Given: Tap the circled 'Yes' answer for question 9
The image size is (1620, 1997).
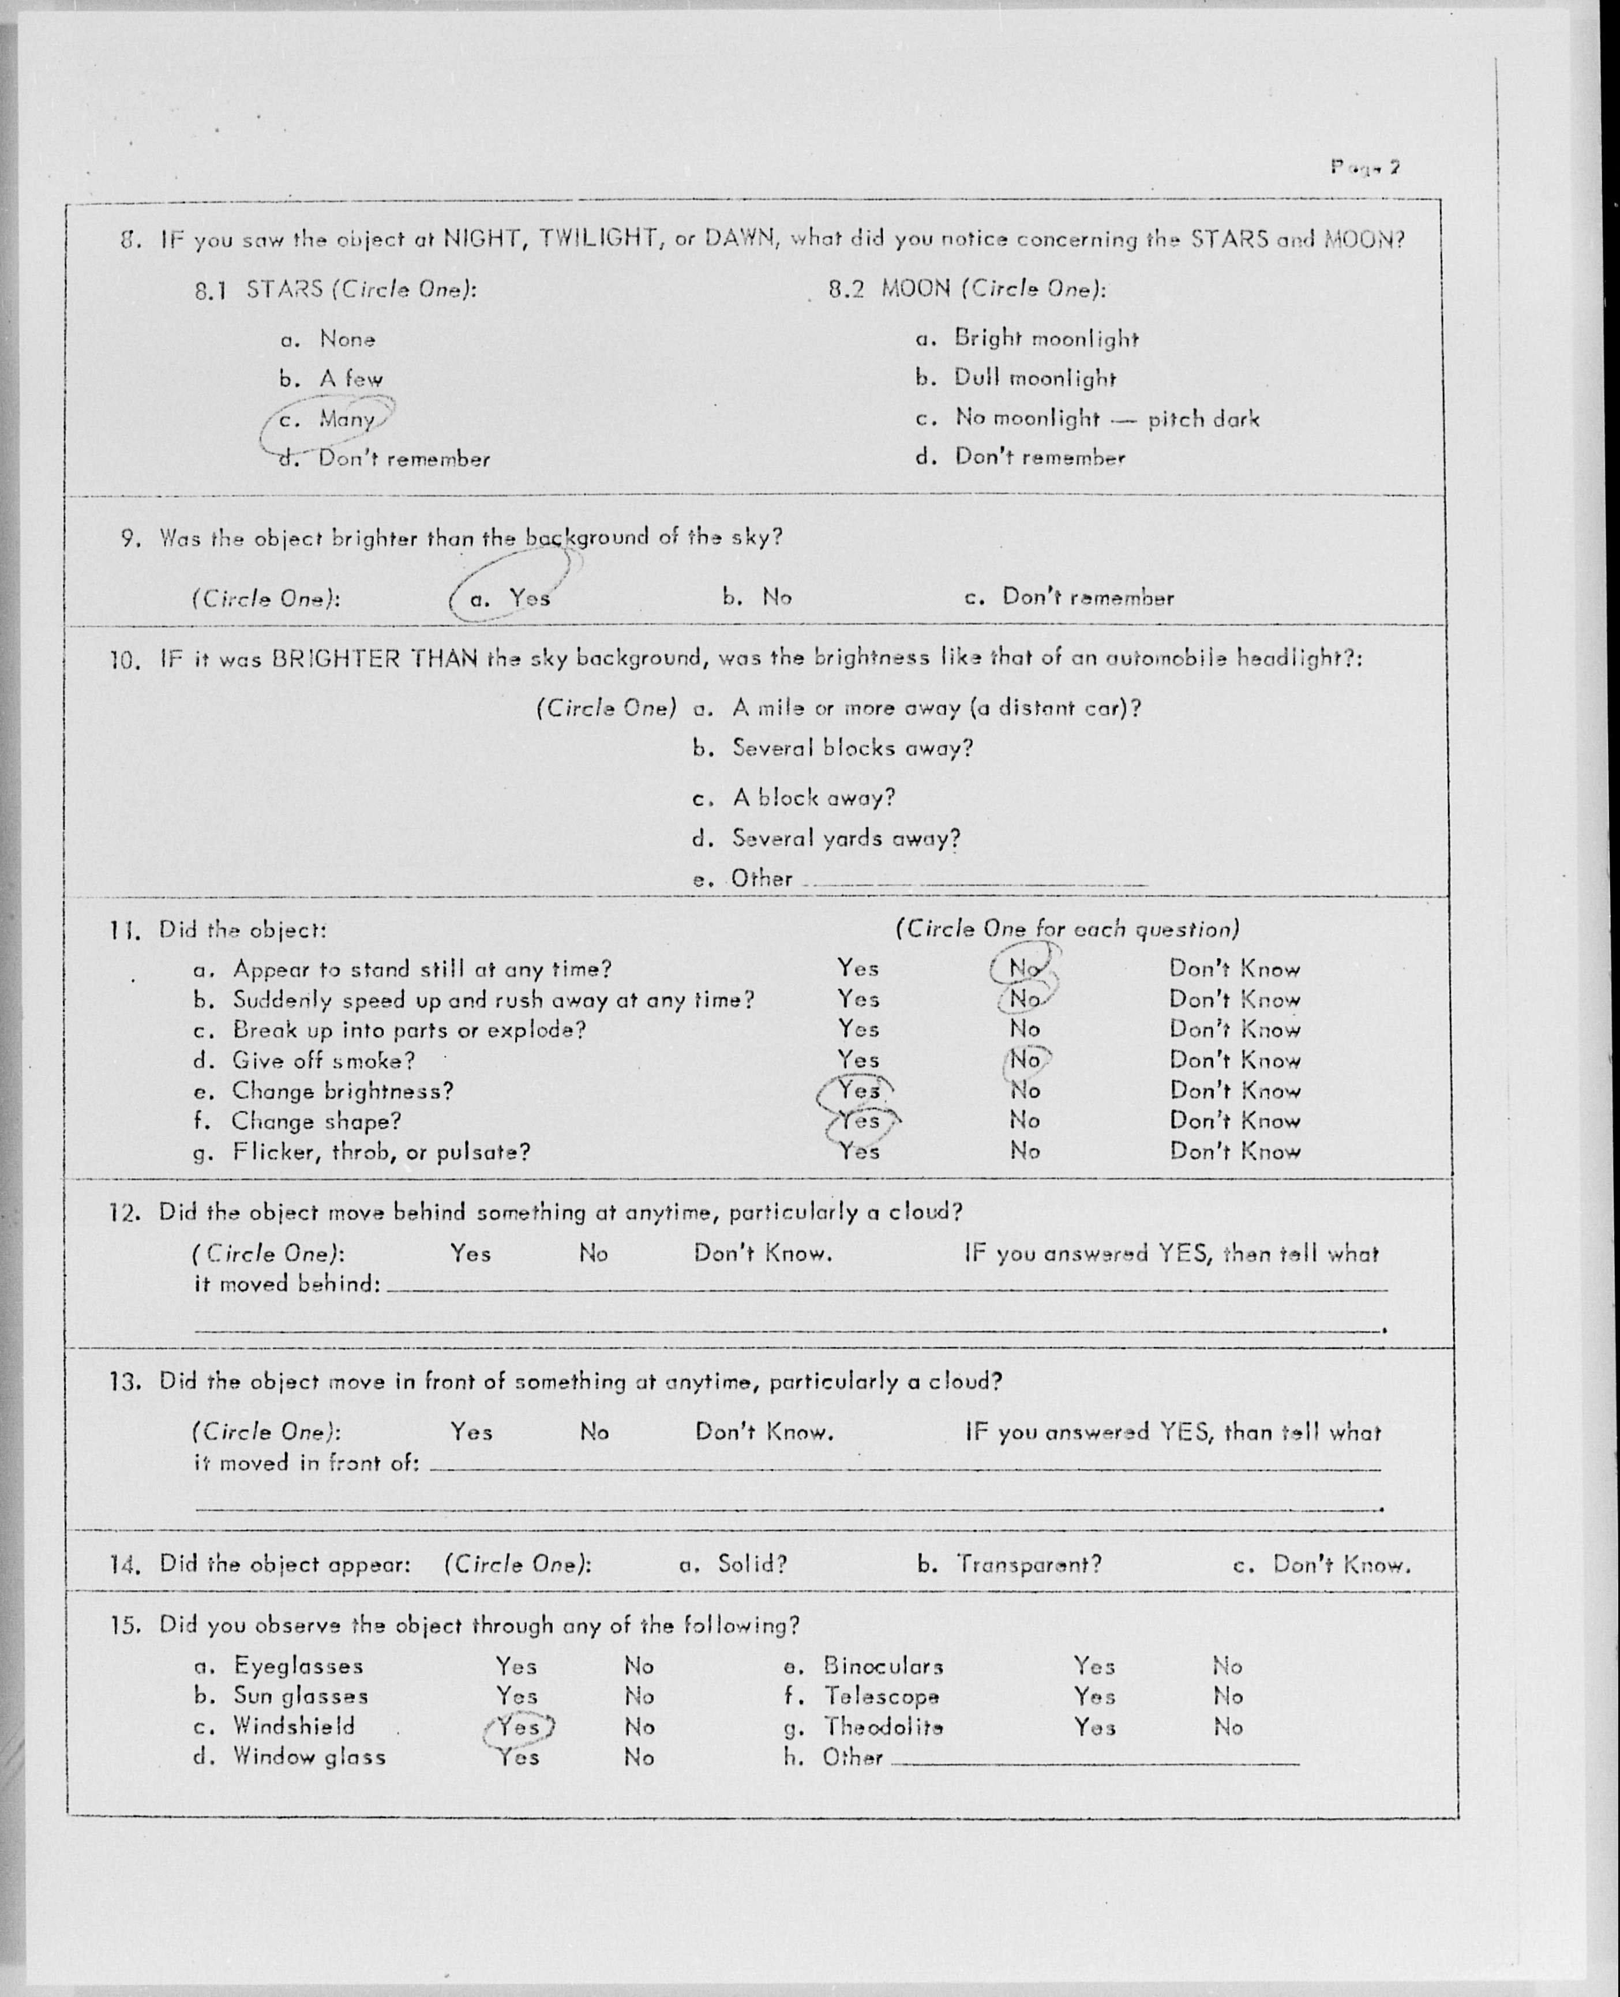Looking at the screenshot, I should pos(529,597).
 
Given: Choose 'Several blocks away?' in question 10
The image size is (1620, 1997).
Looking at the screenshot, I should pos(851,748).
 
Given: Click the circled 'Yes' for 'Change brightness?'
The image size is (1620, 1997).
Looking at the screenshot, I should pos(857,1090).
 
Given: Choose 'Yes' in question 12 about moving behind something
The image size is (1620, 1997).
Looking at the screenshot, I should pos(470,1253).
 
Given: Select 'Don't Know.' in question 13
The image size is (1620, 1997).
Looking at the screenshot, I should pos(763,1432).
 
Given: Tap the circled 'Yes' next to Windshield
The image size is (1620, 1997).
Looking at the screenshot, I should pos(518,1726).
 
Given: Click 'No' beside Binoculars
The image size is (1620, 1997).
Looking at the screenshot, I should pos(1227,1666).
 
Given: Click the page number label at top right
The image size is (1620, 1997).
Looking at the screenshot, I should pos(1364,168).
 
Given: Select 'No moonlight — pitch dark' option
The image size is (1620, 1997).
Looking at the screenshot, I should pos(1106,418).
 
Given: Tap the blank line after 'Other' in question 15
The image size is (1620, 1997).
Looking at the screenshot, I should pos(1094,1762).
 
